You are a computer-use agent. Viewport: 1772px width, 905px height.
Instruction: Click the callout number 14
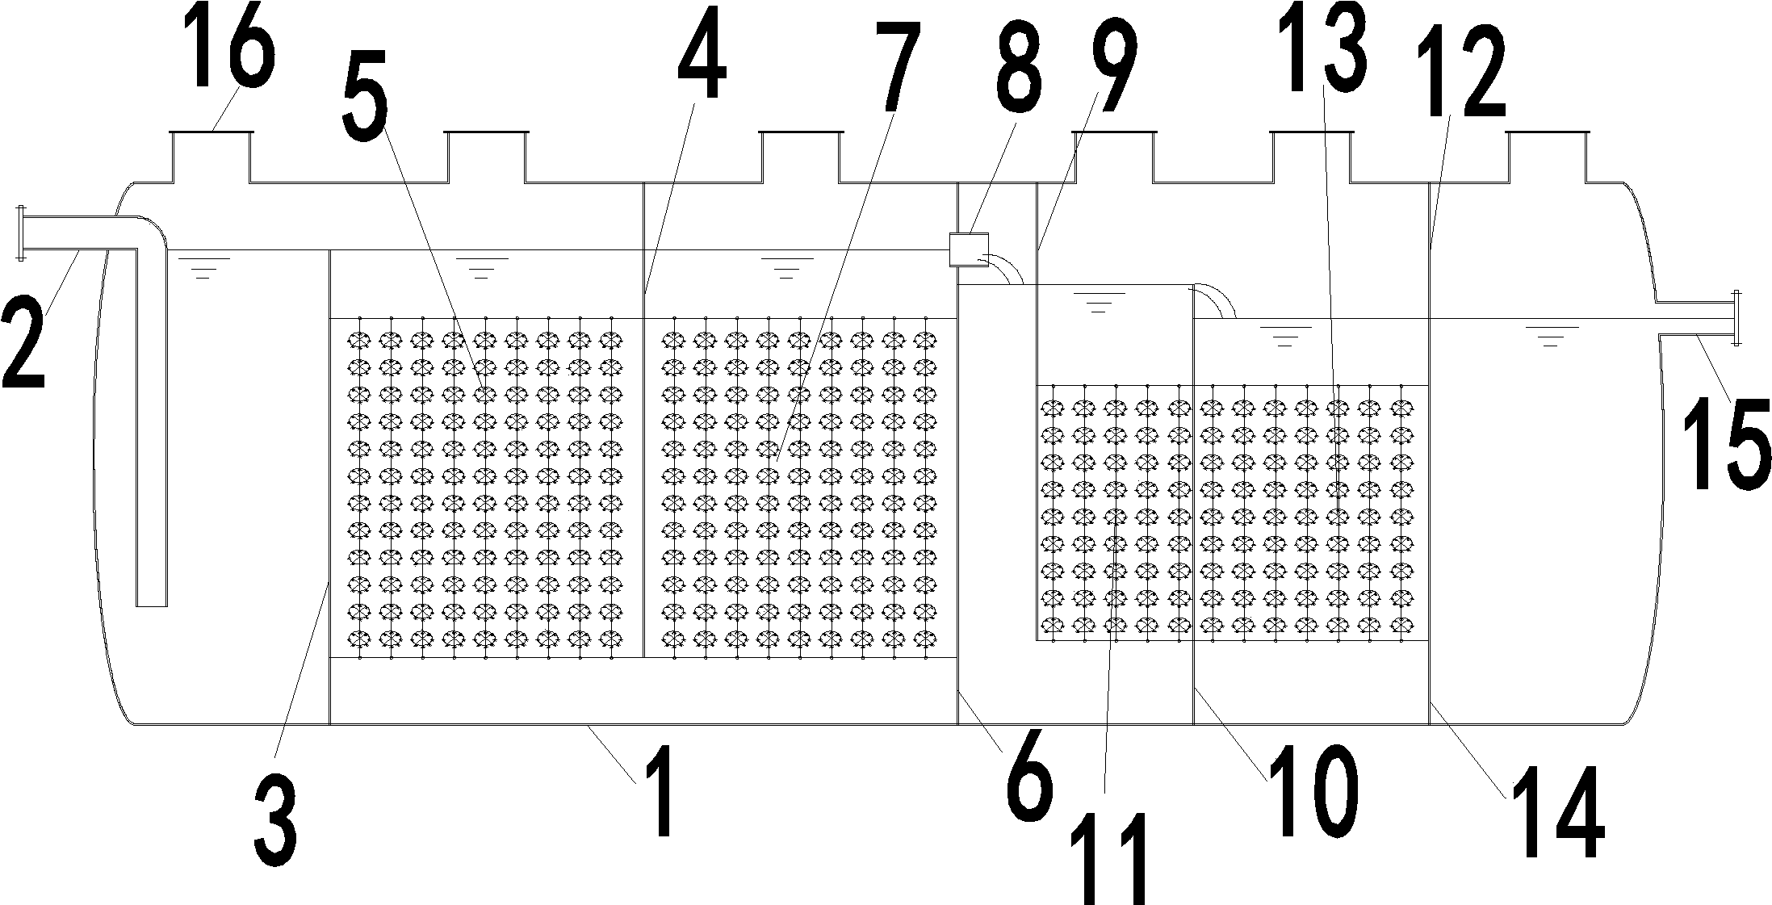(1554, 815)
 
